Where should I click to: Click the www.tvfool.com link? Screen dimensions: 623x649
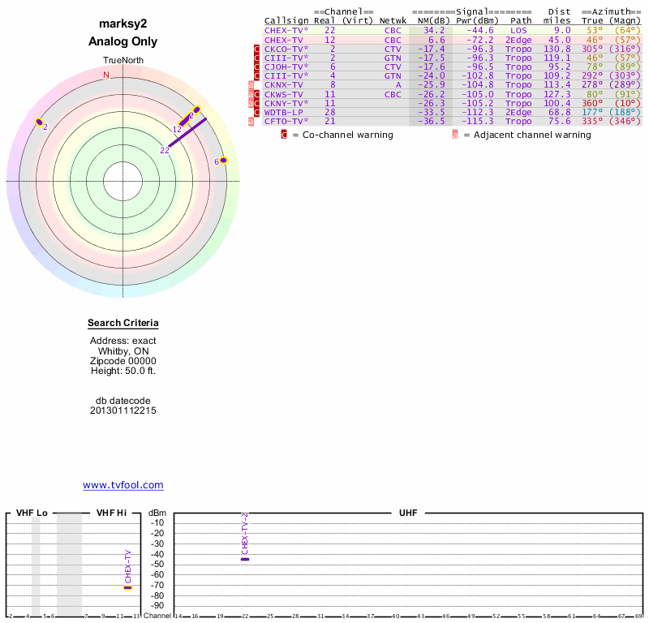tap(123, 485)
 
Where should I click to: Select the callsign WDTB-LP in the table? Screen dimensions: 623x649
tap(283, 112)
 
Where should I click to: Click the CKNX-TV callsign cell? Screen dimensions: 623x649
tap(283, 85)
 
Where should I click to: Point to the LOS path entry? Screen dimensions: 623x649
tap(518, 31)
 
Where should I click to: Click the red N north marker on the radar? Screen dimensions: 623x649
tap(105, 75)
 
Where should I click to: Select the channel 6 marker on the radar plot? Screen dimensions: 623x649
tap(223, 161)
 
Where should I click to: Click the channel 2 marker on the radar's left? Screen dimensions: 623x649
tap(39, 122)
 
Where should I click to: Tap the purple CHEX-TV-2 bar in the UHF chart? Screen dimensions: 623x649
tap(245, 559)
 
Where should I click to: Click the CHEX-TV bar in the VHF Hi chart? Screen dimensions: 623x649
tap(127, 587)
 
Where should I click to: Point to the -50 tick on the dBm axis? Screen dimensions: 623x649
tap(157, 565)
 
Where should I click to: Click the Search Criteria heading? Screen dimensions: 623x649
tap(123, 324)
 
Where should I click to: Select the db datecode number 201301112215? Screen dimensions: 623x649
tap(123, 410)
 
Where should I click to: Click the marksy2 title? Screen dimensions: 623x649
tap(123, 24)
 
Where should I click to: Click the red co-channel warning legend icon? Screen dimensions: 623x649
tap(284, 135)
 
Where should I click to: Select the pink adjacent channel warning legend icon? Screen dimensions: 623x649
tap(454, 135)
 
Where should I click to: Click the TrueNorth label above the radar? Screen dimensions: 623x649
tap(123, 61)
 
